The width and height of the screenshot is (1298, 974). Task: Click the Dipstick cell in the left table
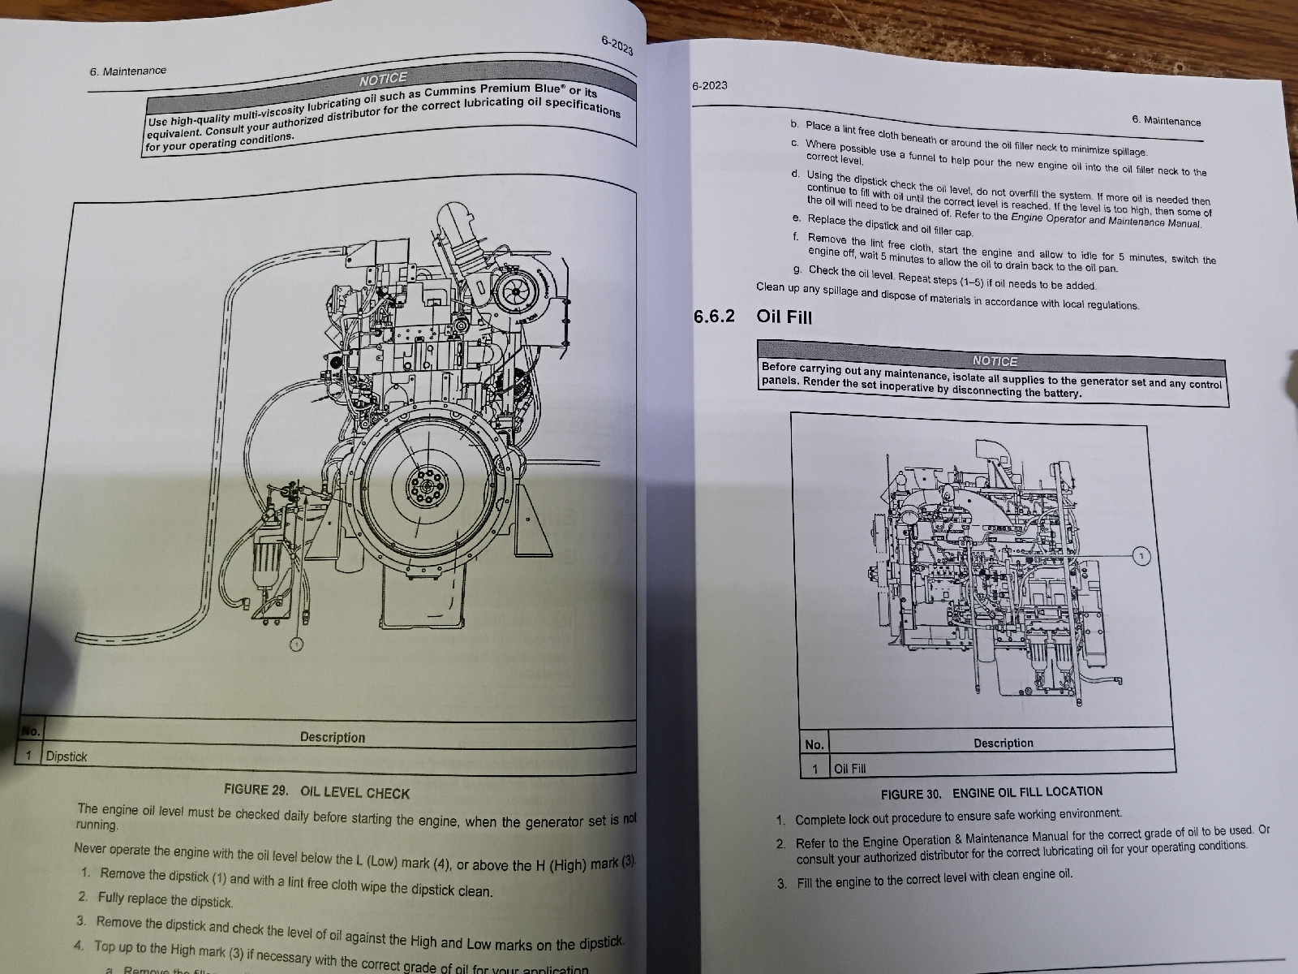tap(67, 756)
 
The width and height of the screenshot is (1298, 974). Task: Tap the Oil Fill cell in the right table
tap(849, 768)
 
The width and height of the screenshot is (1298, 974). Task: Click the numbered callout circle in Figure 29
tap(297, 644)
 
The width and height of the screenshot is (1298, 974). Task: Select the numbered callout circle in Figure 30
tap(1141, 556)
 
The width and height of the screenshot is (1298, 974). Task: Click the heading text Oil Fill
tap(784, 317)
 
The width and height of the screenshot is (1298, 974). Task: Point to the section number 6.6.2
tap(714, 316)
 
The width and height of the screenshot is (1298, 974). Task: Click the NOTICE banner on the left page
tap(383, 79)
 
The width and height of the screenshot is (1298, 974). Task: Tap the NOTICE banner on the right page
tap(994, 361)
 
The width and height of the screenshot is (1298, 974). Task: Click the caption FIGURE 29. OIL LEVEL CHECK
tap(316, 791)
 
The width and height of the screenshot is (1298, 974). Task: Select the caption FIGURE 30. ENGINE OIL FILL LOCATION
tap(991, 792)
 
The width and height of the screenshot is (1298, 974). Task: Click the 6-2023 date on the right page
tap(709, 85)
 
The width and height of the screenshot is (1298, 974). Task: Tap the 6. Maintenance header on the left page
tap(128, 71)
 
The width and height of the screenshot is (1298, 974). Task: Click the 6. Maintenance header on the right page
tap(1166, 121)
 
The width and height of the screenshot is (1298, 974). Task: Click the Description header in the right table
tap(1003, 743)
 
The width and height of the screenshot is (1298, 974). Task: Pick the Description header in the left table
tap(332, 737)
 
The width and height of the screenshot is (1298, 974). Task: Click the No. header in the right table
tap(814, 744)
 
